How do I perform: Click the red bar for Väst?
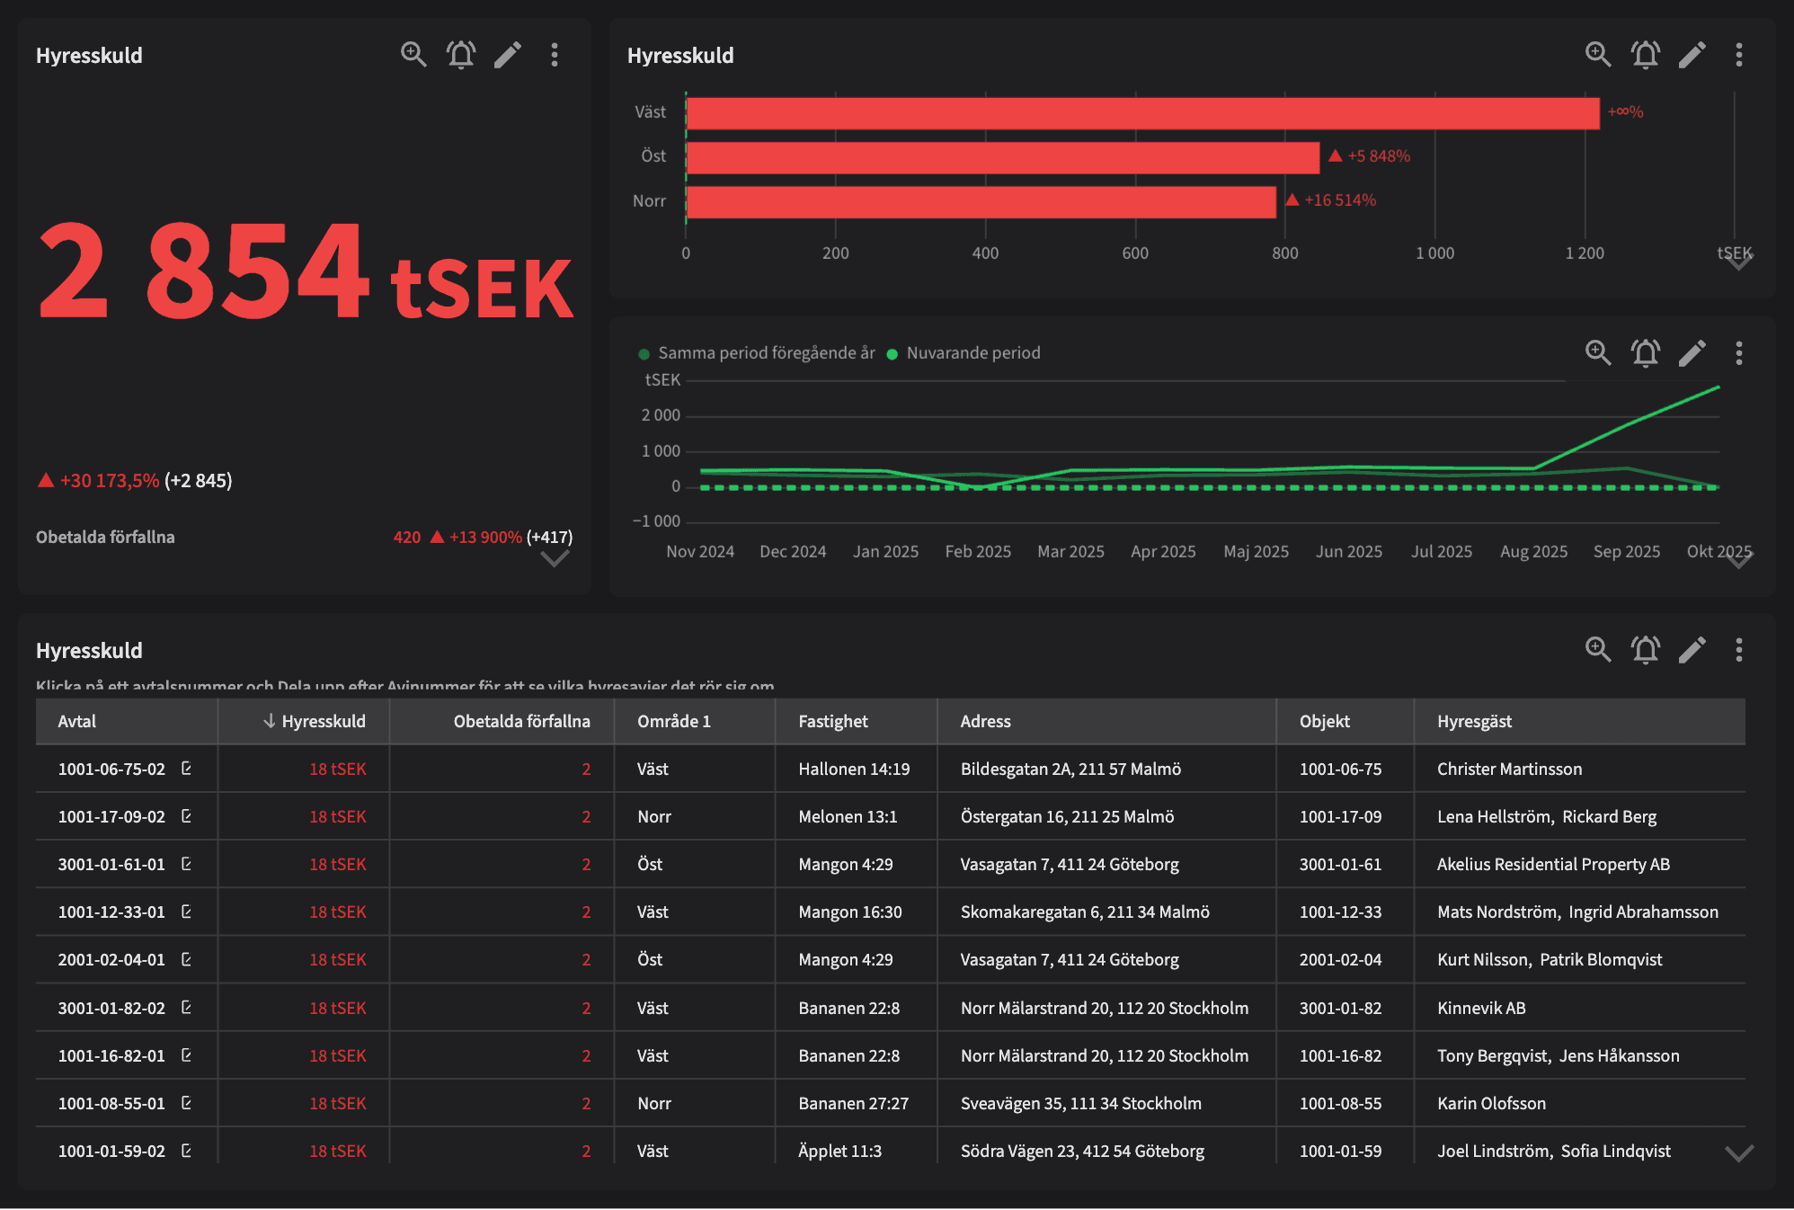[1141, 113]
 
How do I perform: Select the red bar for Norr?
[980, 202]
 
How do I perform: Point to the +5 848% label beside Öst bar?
[1378, 156]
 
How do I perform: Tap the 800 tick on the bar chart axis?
[1284, 254]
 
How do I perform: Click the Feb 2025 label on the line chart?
[978, 552]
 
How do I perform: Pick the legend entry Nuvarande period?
[972, 353]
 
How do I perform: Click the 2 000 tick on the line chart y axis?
[661, 415]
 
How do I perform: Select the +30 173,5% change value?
[109, 481]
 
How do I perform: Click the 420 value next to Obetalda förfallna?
[406, 538]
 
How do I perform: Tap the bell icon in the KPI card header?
[461, 55]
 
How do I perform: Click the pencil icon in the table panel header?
[1692, 650]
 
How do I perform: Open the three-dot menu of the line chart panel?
[1738, 353]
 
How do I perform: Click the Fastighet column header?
[832, 722]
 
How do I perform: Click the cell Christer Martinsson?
[1509, 770]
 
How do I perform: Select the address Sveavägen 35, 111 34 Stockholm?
[1080, 1104]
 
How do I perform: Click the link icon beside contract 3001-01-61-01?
[186, 864]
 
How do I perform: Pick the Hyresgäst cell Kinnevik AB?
[1480, 1009]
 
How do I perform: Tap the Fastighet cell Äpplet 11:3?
[839, 1152]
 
